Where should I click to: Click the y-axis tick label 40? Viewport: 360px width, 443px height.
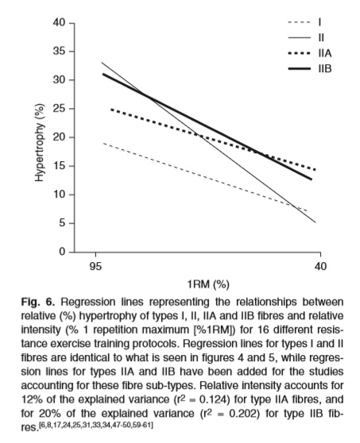pos(59,22)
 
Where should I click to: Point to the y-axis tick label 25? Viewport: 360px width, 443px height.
pos(60,109)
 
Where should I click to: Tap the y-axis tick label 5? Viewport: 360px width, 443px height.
pos(62,223)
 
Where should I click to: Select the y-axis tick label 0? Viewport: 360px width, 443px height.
pos(62,252)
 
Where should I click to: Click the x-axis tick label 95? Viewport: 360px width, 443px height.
pos(95,266)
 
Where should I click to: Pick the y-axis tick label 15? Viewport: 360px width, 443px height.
pos(60,166)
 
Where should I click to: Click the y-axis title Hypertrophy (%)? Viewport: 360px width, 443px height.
pos(40,142)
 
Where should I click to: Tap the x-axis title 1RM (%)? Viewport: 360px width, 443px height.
pos(208,284)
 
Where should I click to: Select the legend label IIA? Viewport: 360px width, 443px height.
pos(325,53)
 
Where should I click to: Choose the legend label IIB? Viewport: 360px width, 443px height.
pos(325,68)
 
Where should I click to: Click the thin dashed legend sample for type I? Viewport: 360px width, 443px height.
pos(300,22)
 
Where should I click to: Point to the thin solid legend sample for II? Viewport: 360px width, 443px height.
pos(300,37)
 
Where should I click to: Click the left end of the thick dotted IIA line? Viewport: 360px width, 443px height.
pos(111,109)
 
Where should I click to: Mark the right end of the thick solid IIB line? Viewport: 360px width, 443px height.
pos(312,179)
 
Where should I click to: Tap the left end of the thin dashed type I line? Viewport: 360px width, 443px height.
pos(103,143)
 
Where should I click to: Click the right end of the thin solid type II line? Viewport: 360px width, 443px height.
pos(315,222)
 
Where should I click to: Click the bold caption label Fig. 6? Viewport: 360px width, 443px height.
pos(37,302)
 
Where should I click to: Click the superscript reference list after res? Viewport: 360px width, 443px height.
pos(96,425)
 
